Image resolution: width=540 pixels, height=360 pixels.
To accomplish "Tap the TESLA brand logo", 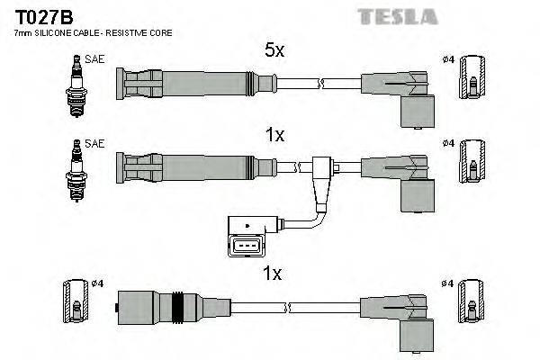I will tap(397, 16).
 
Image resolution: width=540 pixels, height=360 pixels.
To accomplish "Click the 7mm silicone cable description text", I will tap(94, 33).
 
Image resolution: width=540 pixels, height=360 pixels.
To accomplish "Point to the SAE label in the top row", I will tap(93, 58).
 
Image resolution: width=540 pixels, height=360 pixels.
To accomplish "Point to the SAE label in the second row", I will tap(93, 144).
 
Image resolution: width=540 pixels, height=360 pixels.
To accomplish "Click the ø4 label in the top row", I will tap(448, 59).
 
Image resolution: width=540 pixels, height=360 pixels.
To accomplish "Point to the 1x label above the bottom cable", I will tap(273, 271).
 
